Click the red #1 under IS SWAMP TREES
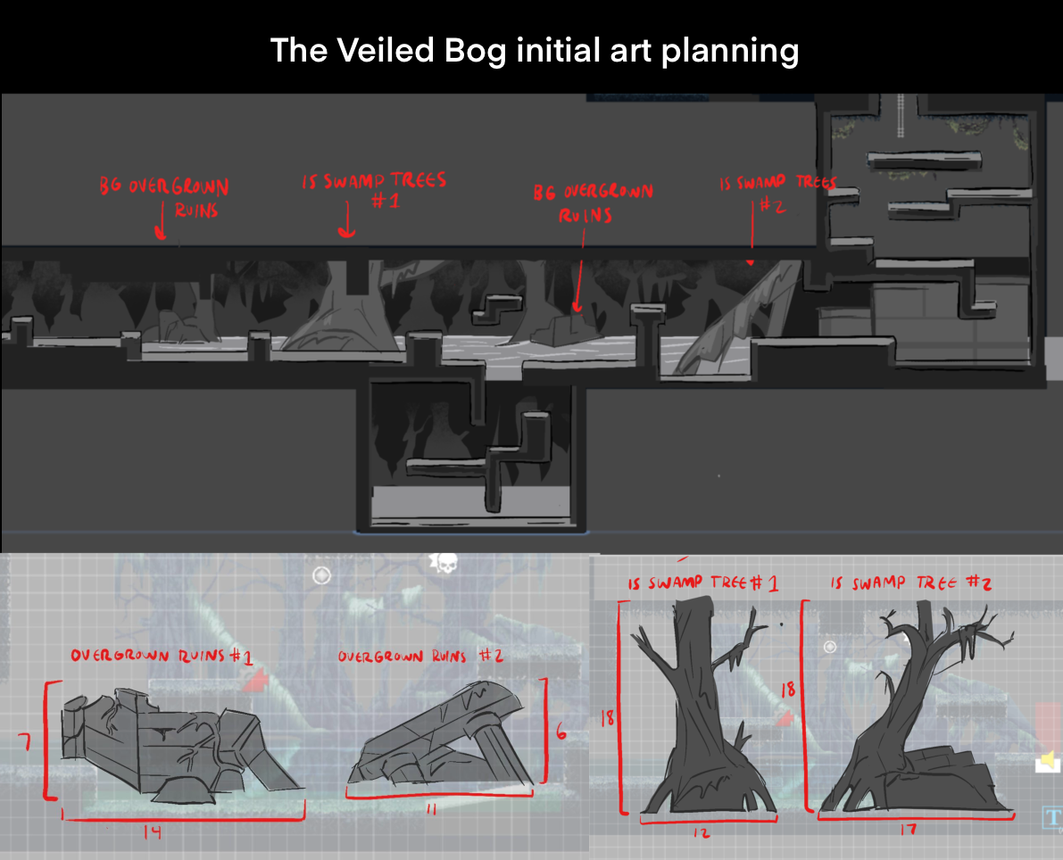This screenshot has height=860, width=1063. (386, 201)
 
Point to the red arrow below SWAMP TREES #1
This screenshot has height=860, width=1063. (346, 219)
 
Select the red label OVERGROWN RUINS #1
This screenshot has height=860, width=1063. (162, 656)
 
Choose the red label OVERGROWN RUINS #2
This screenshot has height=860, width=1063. (420, 656)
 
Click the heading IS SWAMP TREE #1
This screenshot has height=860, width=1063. (702, 583)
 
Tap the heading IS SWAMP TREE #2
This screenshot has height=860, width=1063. (911, 583)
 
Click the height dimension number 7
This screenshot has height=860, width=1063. (26, 743)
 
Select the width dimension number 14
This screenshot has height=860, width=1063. (153, 831)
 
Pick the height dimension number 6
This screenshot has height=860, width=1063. (561, 732)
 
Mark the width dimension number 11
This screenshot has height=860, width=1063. (431, 809)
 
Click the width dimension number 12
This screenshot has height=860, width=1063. (702, 832)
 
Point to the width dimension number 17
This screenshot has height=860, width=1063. (909, 830)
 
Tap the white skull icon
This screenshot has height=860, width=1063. (444, 563)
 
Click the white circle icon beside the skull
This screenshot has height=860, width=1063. (321, 575)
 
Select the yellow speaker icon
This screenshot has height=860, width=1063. (1048, 761)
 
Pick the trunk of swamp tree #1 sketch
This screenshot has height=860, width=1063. (698, 705)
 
